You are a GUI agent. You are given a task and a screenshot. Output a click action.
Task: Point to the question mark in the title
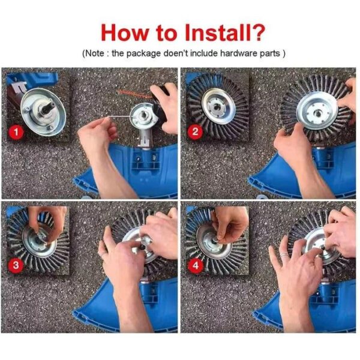pyautogui.click(x=257, y=31)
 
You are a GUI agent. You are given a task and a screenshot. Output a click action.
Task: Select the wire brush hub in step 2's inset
pyautogui.click(x=214, y=106)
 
